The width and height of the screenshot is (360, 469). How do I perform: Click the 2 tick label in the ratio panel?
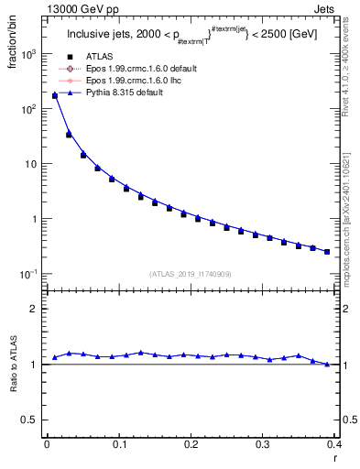coord(36,309)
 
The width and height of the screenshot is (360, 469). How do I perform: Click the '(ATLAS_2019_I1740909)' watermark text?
coord(191,274)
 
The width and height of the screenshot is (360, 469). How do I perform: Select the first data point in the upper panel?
coord(54,95)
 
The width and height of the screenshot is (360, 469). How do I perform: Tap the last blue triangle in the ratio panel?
coord(327,365)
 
